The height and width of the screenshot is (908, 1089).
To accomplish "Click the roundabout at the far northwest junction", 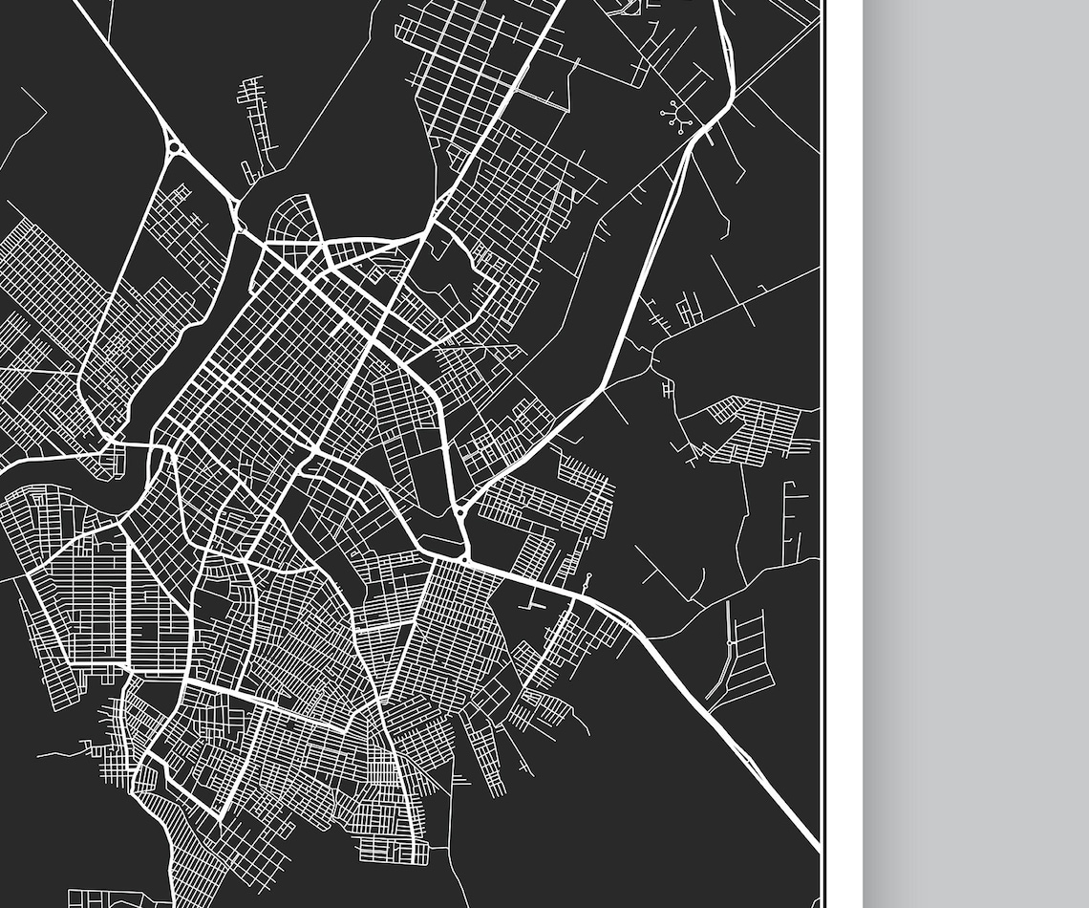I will coord(174,147).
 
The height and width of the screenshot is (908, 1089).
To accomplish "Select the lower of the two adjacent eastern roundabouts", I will coord(466,553).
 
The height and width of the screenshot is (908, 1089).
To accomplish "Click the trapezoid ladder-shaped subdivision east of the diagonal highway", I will coord(745,659).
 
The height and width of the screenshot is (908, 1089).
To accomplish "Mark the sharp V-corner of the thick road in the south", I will coord(222,817).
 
